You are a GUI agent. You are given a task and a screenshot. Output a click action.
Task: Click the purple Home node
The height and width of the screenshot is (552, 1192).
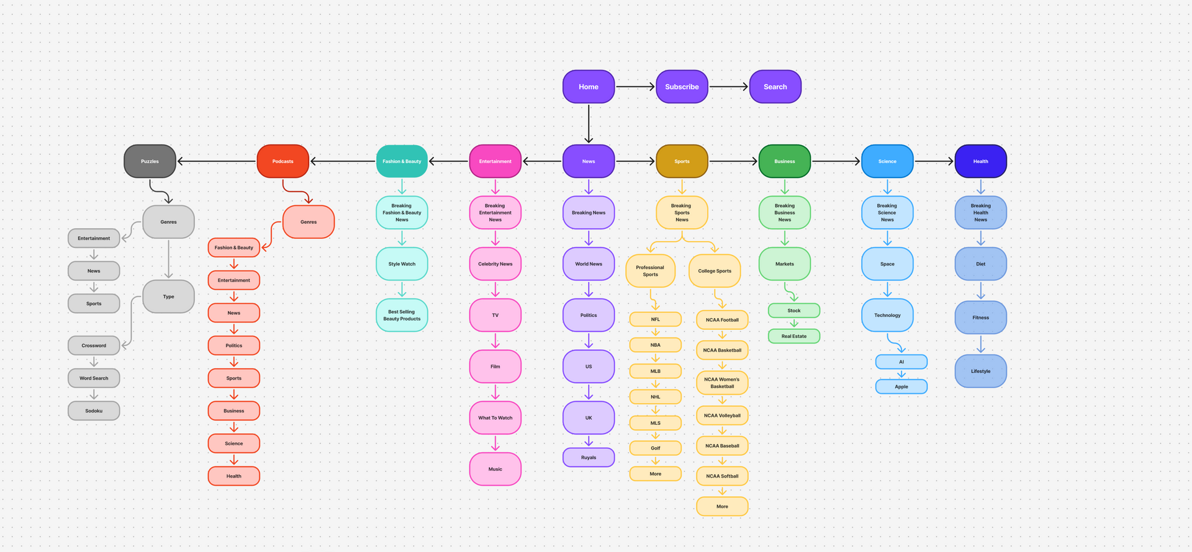click(589, 87)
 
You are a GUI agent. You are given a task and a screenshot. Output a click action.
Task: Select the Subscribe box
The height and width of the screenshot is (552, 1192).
click(682, 87)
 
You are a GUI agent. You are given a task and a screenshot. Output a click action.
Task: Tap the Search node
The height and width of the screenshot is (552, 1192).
click(775, 87)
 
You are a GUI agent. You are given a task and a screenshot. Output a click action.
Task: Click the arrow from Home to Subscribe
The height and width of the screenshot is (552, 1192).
click(635, 87)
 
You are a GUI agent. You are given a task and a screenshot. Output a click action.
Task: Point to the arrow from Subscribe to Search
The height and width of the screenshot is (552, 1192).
click(729, 87)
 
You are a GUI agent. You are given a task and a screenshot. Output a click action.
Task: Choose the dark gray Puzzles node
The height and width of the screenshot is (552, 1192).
click(150, 161)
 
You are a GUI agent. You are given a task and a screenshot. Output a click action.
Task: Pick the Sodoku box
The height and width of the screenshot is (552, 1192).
click(94, 411)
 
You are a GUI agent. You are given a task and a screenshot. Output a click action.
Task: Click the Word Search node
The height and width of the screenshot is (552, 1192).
click(94, 378)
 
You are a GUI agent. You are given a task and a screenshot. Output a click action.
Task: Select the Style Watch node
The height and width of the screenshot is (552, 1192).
click(402, 264)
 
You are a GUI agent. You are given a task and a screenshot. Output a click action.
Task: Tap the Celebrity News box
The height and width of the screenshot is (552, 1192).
click(495, 264)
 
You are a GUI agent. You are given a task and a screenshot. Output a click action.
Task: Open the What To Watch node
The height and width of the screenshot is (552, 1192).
click(495, 418)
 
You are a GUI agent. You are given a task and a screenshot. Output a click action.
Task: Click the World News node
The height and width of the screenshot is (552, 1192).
click(589, 264)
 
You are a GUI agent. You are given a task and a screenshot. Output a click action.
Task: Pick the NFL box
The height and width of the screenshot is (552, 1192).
click(656, 319)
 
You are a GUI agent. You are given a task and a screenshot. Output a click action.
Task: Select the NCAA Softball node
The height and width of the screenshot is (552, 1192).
click(722, 476)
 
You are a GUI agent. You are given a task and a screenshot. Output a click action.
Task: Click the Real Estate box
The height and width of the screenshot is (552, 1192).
click(794, 336)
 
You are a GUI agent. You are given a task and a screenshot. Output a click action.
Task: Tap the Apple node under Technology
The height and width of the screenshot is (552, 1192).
click(901, 386)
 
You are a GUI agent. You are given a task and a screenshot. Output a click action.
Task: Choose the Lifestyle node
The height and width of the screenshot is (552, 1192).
click(981, 371)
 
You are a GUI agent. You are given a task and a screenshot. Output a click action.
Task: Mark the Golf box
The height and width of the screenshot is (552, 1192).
click(656, 448)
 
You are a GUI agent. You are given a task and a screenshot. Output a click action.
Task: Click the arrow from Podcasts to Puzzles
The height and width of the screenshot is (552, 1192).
click(217, 161)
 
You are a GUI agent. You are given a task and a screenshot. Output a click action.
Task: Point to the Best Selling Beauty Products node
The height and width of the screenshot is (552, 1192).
click(402, 315)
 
